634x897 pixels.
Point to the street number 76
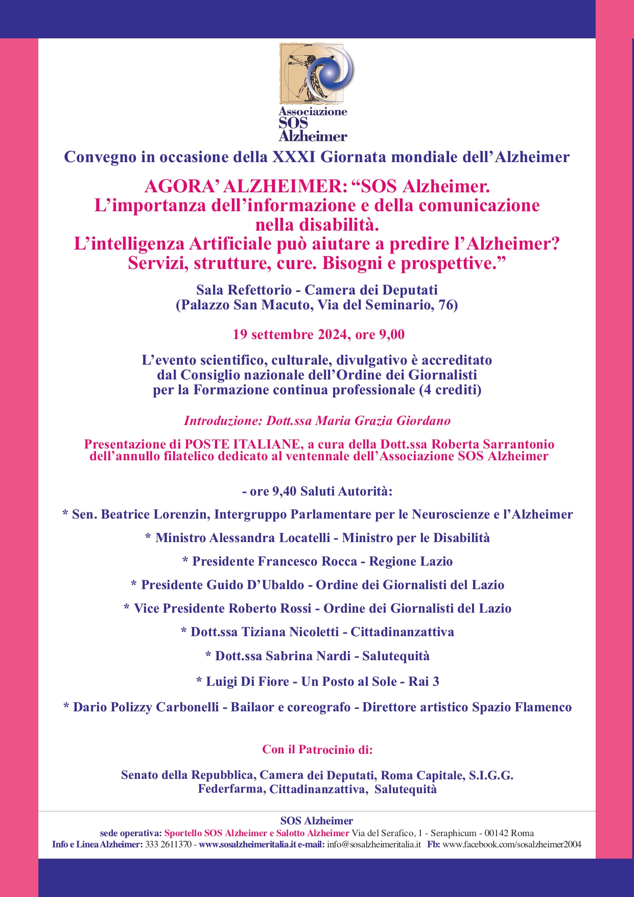445,305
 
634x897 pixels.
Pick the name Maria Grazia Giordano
383,421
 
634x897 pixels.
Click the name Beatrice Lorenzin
156,514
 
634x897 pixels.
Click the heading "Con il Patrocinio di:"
317,750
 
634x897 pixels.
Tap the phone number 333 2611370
168,844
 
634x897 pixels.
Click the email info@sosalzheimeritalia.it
374,844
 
